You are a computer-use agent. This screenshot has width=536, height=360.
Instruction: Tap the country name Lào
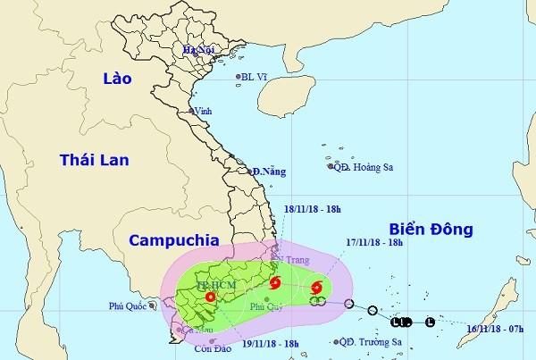(113, 80)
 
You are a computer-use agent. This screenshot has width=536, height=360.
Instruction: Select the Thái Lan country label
(94, 160)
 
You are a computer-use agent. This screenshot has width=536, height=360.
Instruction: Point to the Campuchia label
(169, 240)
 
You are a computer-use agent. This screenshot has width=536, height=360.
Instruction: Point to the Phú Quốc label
(127, 304)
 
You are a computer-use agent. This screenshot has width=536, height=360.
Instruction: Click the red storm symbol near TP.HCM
(209, 297)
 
